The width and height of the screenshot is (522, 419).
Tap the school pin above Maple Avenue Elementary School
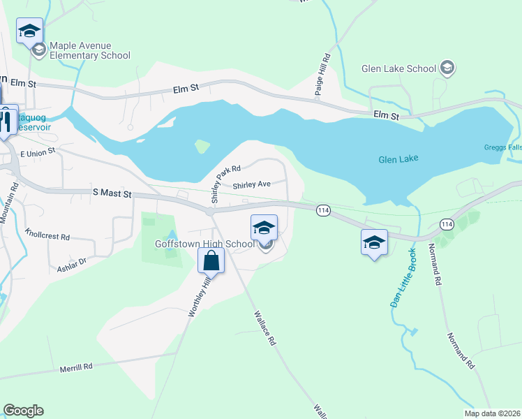click(30, 31)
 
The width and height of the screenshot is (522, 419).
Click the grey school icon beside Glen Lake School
click(447, 68)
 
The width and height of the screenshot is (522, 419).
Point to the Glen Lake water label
click(398, 159)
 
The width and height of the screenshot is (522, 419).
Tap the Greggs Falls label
click(502, 147)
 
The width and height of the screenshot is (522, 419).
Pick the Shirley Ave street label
click(251, 185)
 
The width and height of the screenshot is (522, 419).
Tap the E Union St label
click(38, 152)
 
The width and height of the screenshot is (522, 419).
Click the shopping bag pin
click(211, 261)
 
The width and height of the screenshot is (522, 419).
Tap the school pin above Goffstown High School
click(264, 228)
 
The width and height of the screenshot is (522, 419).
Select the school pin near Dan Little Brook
click(374, 243)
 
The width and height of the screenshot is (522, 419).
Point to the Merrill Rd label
click(76, 367)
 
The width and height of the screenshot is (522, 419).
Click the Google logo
click(23, 411)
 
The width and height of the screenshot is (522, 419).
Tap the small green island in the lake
click(202, 147)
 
